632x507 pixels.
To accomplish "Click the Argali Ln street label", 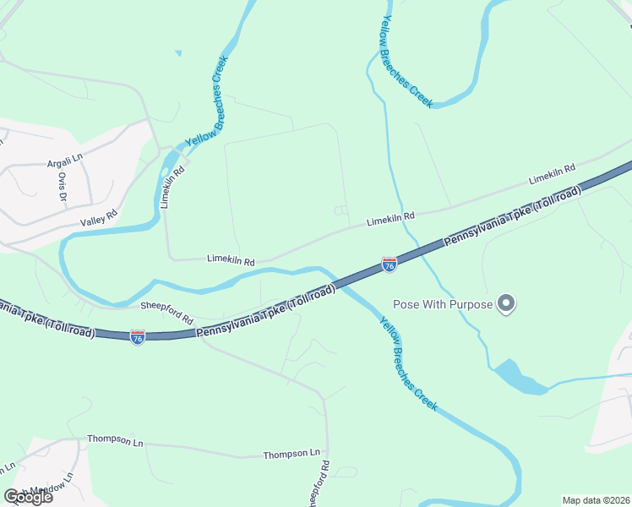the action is tap(65, 158).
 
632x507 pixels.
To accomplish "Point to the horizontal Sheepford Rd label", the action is tap(166, 307).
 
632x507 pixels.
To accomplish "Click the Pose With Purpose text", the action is tap(443, 304).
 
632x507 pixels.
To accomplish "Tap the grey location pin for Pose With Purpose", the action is tap(506, 303).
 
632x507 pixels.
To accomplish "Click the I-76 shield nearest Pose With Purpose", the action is tap(390, 264).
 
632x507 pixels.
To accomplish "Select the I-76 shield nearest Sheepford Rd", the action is tap(138, 337).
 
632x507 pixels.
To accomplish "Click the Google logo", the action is tap(28, 496).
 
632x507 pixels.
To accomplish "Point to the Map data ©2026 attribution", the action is tap(596, 500).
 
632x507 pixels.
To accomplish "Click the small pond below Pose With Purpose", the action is tap(515, 377).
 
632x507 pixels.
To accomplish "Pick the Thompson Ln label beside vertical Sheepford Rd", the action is tap(291, 454).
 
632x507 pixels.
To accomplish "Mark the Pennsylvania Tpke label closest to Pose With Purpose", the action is tap(513, 217).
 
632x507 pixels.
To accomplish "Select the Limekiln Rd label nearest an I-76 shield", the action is tap(390, 218).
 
